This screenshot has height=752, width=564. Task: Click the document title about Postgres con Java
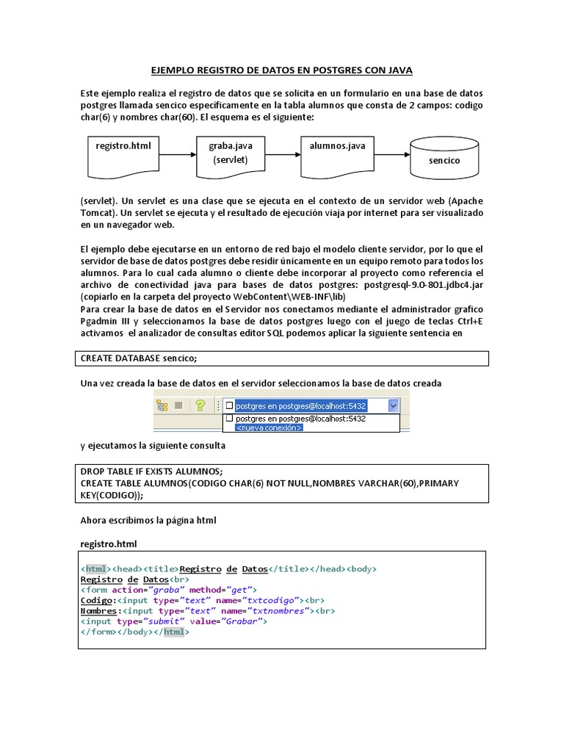point(282,70)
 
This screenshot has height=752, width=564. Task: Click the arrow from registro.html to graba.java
point(177,155)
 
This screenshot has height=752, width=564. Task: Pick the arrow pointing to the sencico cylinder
point(391,155)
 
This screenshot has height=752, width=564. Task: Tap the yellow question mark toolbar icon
point(199,405)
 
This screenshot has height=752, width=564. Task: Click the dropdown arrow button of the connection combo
point(393,405)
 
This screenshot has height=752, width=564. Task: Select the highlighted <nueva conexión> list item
point(268,427)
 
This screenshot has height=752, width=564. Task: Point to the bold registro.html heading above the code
point(109,544)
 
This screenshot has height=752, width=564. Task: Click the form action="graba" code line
point(168,590)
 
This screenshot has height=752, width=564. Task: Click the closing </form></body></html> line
point(134,631)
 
